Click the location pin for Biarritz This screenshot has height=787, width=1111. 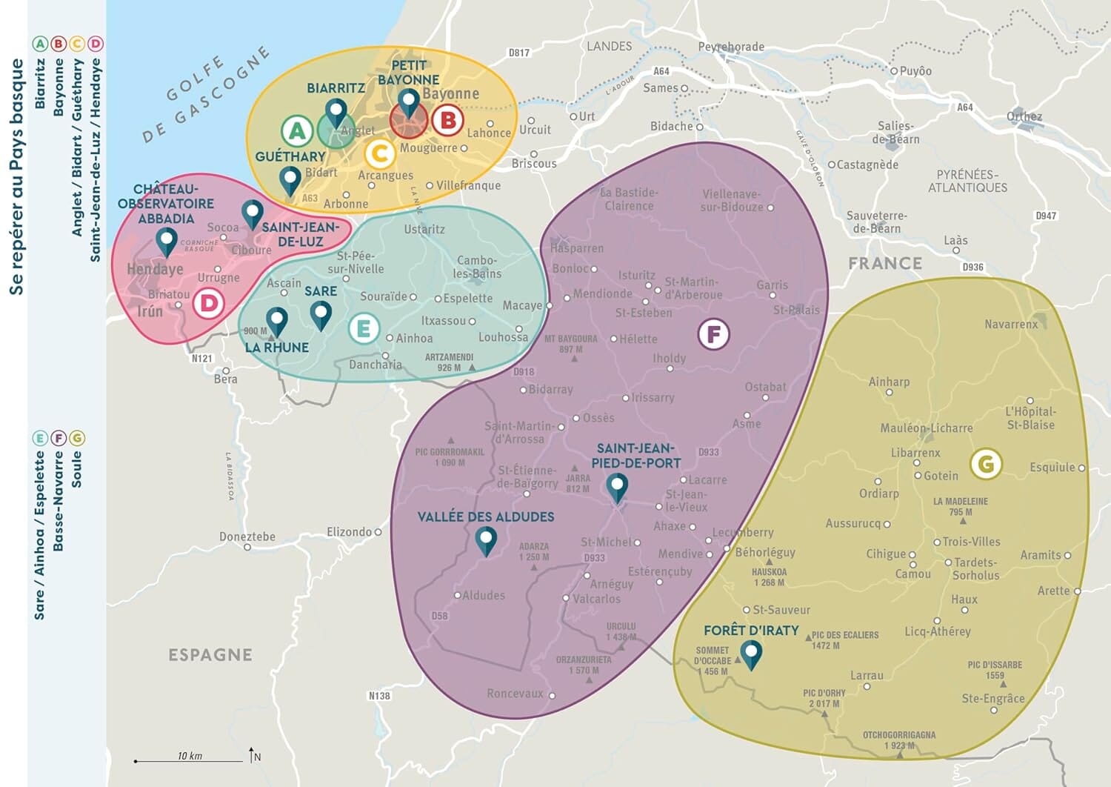pos(336,113)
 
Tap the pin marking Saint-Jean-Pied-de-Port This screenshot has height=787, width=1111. pos(617,487)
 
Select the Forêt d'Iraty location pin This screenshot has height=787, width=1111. pos(751,654)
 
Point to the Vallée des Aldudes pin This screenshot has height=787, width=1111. pos(486,540)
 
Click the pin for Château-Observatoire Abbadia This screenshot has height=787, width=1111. pos(167,241)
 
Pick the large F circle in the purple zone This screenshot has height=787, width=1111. pos(714,334)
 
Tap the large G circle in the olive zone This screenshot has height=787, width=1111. pos(986,464)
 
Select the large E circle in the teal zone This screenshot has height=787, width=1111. pos(364,328)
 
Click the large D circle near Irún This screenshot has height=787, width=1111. pos(209,303)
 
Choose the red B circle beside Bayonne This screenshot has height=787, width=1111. pos(447,120)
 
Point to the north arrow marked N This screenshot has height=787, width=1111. pos(253,755)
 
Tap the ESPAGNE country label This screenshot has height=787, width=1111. pos(210,655)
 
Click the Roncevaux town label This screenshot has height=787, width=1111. pos(515,694)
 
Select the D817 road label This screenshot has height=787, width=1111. pos(519,53)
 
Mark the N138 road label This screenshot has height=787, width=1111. pos(379,696)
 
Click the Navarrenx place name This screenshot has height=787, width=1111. pos(1011,325)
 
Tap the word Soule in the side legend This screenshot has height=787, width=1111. pos(76,469)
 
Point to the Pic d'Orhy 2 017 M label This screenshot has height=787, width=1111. pos(824,698)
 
